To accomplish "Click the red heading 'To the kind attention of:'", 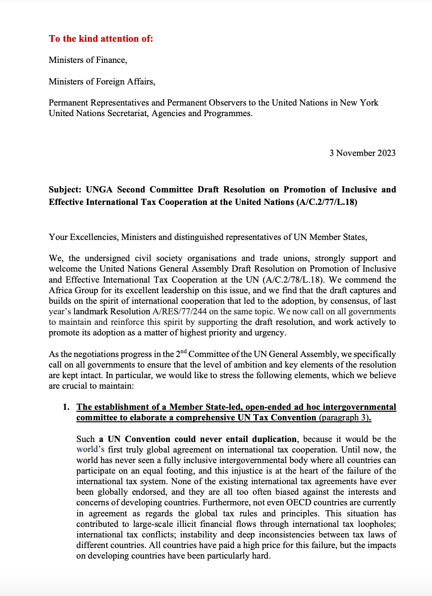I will (x=101, y=38).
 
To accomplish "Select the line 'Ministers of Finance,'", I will (x=88, y=60).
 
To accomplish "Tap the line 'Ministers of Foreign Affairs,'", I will (x=102, y=82).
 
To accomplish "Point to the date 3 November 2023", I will (x=362, y=153).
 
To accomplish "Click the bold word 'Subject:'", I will (x=66, y=190).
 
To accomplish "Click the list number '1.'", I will (x=66, y=407).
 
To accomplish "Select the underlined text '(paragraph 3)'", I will (x=344, y=417).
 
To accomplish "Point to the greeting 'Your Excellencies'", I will (x=82, y=237).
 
